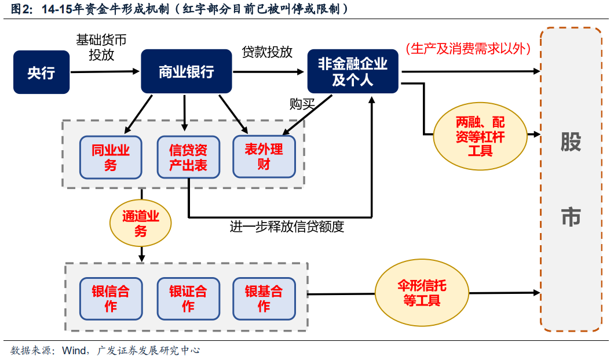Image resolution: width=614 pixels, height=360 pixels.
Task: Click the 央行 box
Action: [41, 72]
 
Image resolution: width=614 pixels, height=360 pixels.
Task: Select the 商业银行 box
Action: [187, 71]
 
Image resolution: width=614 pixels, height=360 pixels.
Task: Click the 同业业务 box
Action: [111, 157]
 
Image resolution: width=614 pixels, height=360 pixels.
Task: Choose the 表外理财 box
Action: [264, 157]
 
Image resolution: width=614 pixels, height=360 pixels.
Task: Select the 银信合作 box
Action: [111, 298]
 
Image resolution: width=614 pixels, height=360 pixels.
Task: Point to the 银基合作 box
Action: [264, 298]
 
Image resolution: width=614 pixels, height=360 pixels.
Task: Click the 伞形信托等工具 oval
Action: [422, 293]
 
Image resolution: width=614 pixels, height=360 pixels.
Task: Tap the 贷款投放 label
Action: [267, 52]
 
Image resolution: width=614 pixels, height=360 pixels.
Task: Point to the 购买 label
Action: [302, 104]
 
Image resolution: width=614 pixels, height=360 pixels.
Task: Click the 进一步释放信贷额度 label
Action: [287, 227]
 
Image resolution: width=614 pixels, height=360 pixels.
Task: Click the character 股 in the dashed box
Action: [571, 142]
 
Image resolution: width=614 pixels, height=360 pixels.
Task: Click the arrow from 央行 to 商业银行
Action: [104, 72]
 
